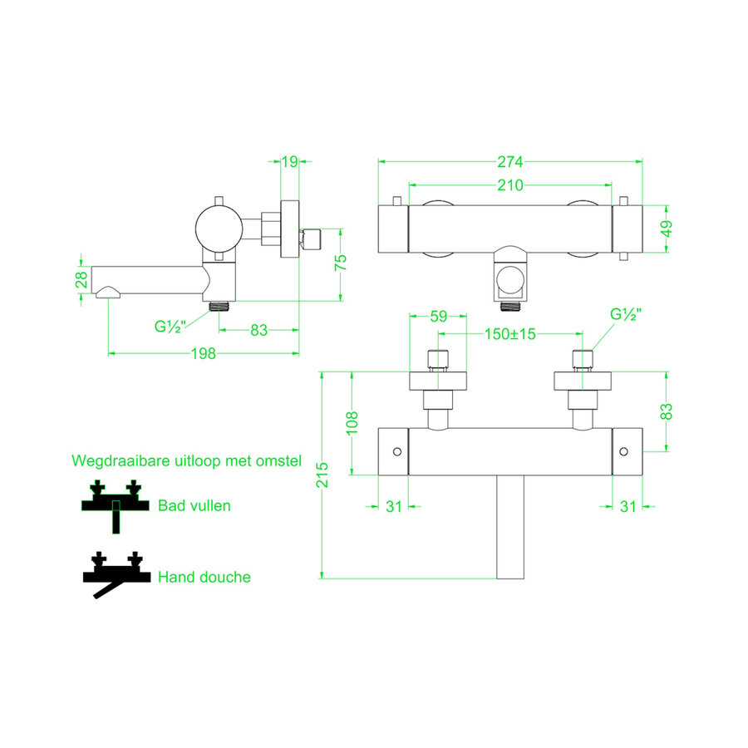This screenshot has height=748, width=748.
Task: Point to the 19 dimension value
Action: click(289, 161)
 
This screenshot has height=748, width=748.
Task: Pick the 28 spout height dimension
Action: click(81, 281)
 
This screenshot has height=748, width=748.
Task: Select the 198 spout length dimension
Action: click(203, 353)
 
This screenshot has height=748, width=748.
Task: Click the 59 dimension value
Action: click(438, 316)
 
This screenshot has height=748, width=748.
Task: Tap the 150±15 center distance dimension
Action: click(511, 334)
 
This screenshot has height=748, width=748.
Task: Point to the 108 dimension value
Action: click(352, 423)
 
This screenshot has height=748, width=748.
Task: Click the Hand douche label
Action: click(204, 576)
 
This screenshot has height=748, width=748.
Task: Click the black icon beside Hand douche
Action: click(112, 575)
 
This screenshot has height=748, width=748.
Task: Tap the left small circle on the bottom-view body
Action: click(396, 451)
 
